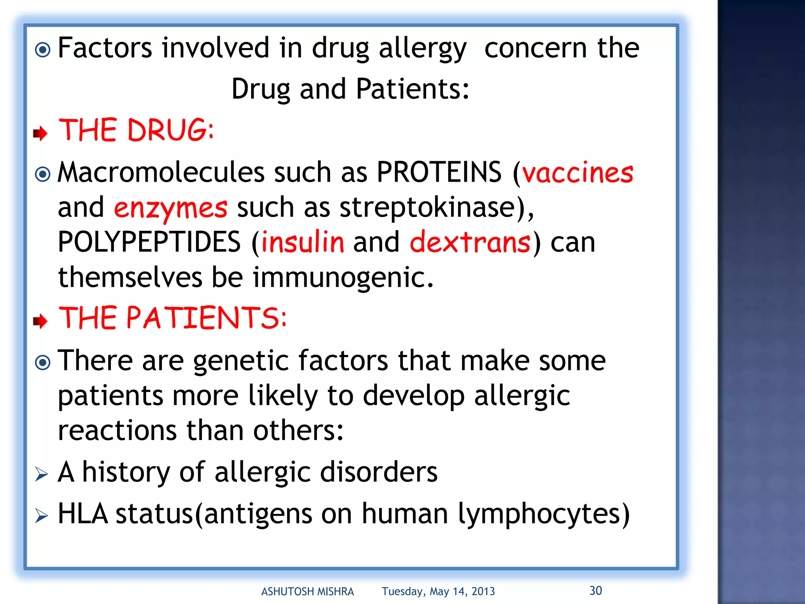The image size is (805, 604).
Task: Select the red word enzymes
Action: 171,208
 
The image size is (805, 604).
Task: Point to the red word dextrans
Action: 470,243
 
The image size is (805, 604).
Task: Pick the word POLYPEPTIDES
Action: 149,242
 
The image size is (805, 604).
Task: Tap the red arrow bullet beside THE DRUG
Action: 40,133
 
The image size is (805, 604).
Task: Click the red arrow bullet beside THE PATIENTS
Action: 40,321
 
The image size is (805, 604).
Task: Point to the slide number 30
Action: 595,590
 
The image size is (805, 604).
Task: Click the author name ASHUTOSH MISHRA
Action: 307,591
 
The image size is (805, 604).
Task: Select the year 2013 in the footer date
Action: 483,591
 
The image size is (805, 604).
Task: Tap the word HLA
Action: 83,514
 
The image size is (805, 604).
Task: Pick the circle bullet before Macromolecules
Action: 42,174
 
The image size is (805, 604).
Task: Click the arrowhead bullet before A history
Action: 41,474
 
